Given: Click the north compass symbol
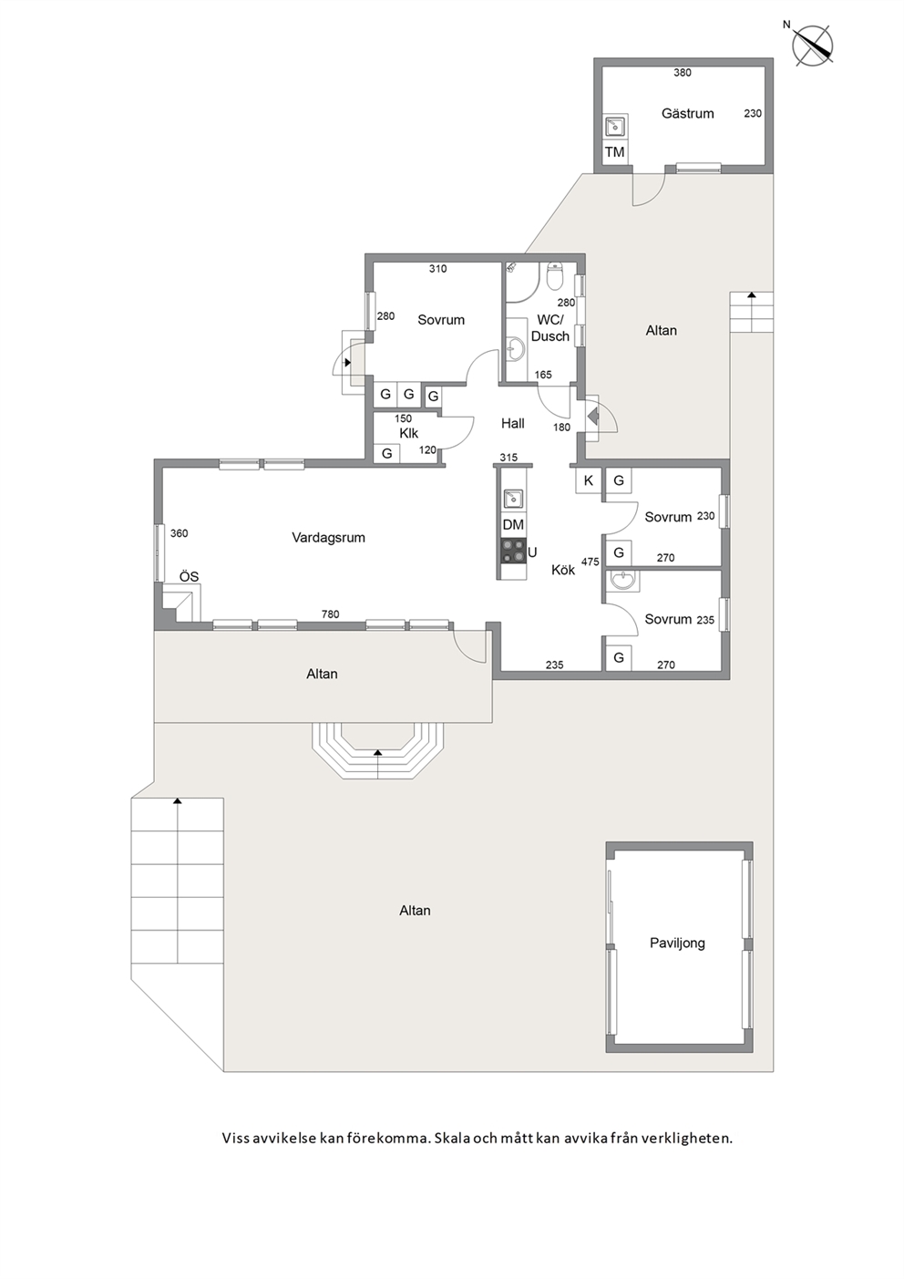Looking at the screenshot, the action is click(812, 45).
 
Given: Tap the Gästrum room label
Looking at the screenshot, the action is click(687, 114).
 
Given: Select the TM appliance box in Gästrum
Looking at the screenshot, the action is click(614, 152).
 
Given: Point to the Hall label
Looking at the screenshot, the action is click(512, 424).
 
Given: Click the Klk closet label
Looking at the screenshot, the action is click(408, 433).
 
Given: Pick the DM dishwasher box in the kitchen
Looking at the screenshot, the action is click(513, 525).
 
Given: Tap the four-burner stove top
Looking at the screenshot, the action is click(513, 551).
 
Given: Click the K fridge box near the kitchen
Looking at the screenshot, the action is click(588, 480).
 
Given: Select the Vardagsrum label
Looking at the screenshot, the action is click(328, 537).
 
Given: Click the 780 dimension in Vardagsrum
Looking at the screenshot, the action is click(331, 614).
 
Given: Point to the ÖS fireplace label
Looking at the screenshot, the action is click(189, 576).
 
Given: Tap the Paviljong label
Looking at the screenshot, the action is click(677, 943).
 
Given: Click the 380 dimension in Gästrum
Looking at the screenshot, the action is click(682, 73).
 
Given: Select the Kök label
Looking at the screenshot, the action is click(563, 570).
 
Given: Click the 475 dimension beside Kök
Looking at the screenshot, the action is click(591, 562).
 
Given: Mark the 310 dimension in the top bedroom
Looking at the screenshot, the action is click(437, 269).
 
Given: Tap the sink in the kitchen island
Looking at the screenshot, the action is click(513, 499).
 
